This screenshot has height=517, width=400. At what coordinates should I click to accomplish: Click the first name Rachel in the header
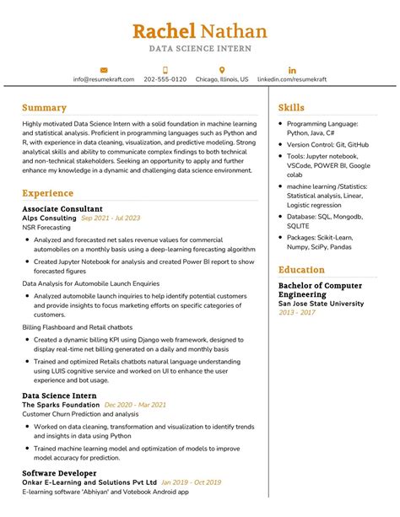click(163, 31)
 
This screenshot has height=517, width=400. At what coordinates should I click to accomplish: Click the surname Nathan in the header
click(234, 31)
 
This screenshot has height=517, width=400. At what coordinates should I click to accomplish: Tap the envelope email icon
click(103, 69)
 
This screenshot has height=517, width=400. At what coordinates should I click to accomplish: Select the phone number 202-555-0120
click(165, 79)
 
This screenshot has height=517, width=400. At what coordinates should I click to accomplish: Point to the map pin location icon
click(222, 69)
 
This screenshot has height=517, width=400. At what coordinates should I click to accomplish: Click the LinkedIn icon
click(292, 69)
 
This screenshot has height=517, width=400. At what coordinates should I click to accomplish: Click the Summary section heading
click(44, 108)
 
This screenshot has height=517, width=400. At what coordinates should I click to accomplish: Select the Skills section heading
click(291, 108)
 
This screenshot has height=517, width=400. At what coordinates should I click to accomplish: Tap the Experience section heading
click(47, 193)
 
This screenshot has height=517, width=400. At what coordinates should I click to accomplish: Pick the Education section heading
click(301, 270)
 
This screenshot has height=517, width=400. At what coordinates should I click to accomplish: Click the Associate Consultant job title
click(62, 208)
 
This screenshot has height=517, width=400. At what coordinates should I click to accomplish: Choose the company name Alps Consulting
click(49, 218)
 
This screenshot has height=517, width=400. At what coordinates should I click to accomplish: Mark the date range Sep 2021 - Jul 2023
click(111, 218)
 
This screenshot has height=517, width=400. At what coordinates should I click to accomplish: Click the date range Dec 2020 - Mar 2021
click(135, 405)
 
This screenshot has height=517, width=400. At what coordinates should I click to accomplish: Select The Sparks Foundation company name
click(61, 405)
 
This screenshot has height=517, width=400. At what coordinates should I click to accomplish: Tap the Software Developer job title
click(59, 473)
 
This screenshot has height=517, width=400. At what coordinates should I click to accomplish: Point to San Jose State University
click(322, 304)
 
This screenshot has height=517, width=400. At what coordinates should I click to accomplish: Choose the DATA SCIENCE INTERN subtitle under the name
click(200, 49)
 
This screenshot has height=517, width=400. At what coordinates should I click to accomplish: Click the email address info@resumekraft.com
click(103, 79)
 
